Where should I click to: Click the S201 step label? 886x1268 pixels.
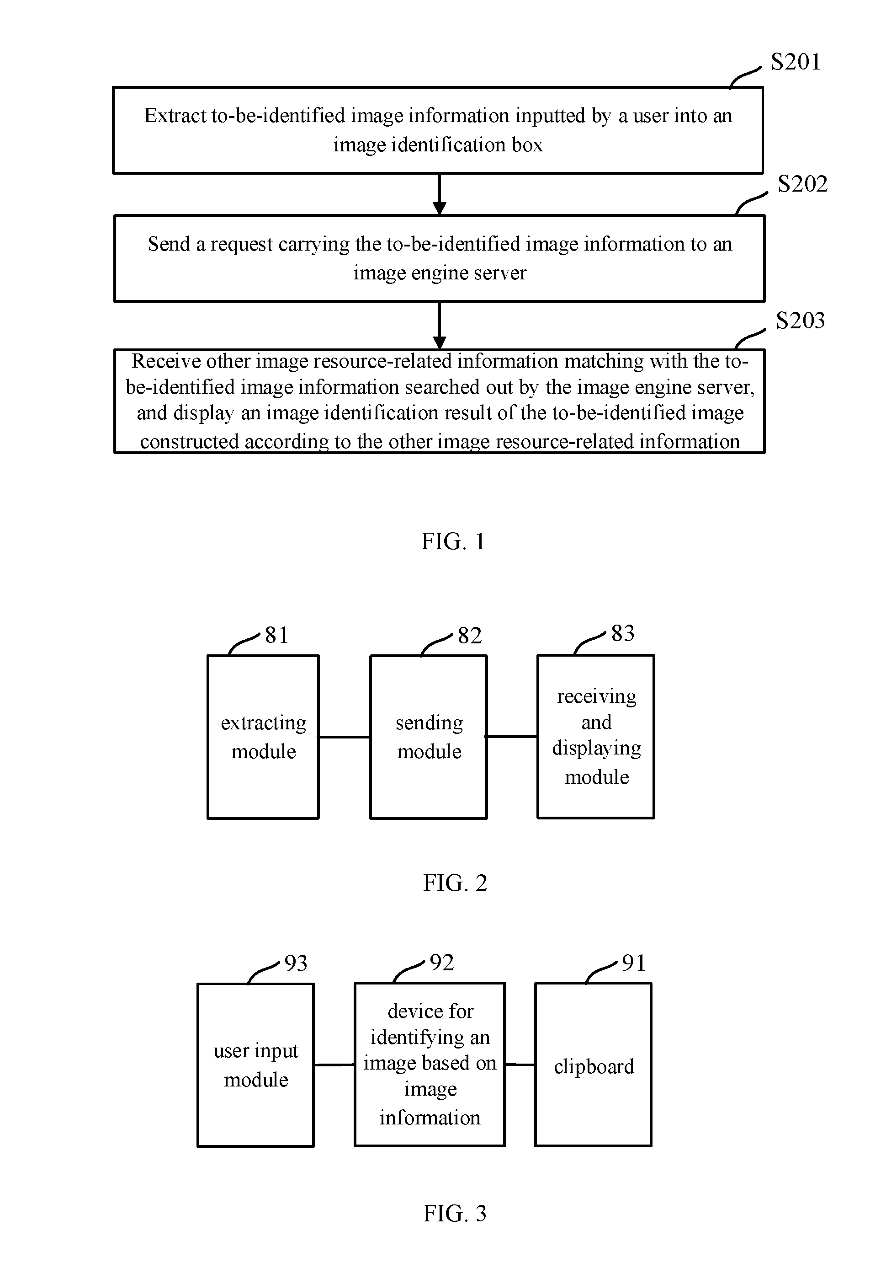(x=796, y=62)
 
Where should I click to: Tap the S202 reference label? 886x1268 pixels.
(x=803, y=184)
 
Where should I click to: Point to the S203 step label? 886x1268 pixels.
(x=801, y=320)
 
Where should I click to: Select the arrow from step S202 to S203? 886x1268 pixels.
(x=440, y=325)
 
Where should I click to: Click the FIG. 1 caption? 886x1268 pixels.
(x=453, y=541)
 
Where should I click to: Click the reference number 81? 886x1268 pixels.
(x=276, y=635)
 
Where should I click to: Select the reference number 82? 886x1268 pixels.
(x=470, y=636)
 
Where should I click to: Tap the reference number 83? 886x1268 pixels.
(x=623, y=633)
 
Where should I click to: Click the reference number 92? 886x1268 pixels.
(x=441, y=963)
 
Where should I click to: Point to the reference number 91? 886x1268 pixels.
(x=634, y=963)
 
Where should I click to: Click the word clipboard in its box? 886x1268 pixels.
(x=594, y=1066)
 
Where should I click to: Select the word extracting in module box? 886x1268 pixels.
(x=263, y=723)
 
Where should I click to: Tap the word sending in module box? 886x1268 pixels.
(x=429, y=723)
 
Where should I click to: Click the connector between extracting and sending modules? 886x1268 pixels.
(x=345, y=737)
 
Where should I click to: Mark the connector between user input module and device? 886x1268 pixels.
(x=334, y=1065)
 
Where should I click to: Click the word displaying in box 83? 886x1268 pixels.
(x=597, y=749)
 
